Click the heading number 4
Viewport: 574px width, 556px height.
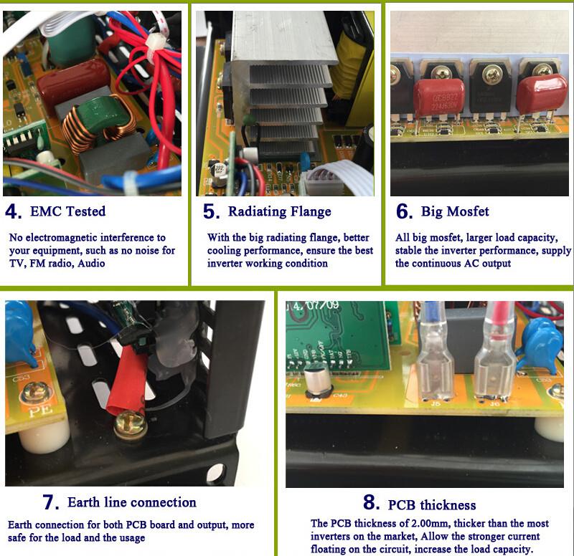point(14,211)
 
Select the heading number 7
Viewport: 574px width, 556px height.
point(50,502)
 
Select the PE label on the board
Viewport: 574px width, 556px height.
point(40,410)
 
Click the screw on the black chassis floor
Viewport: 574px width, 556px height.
point(131,424)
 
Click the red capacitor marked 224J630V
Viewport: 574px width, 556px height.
point(439,97)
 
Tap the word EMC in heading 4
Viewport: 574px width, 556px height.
point(45,211)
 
